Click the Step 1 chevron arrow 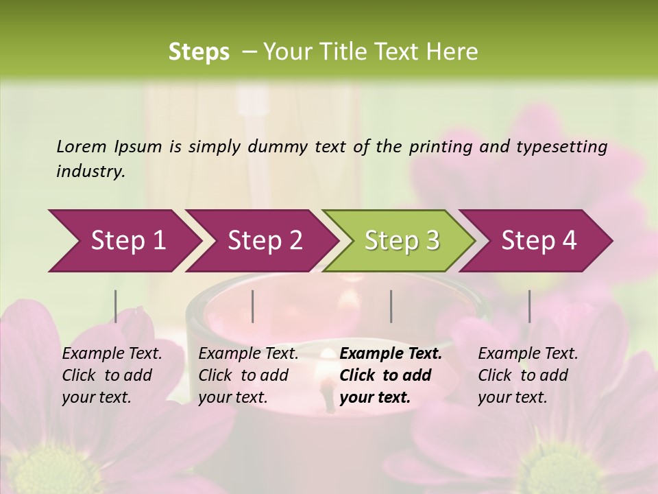(x=123, y=241)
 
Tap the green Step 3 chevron (x=399, y=241)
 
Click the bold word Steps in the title (x=199, y=52)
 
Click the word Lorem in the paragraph (x=82, y=147)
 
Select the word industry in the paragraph (x=90, y=172)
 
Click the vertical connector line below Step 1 (x=116, y=306)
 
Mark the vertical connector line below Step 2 (x=253, y=306)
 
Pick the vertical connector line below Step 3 (x=391, y=306)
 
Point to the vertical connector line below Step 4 (x=530, y=306)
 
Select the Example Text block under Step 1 (x=112, y=375)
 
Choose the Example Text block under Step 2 (x=248, y=375)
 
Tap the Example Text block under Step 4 (x=528, y=375)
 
